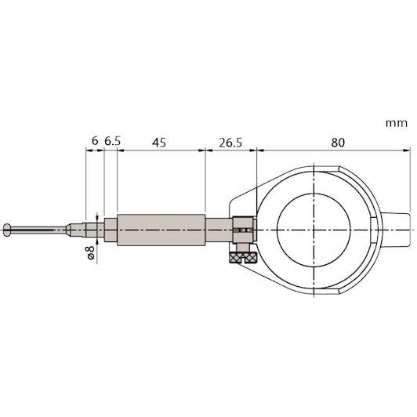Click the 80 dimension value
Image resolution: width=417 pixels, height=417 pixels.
[x=338, y=143]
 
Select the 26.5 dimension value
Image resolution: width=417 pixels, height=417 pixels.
[x=230, y=143]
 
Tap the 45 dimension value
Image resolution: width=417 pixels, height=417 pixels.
[x=159, y=143]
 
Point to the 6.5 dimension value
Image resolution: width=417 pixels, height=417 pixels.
[x=112, y=141]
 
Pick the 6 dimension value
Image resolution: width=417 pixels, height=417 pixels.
[x=95, y=141]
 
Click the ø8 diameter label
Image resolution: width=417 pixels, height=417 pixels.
[x=91, y=252]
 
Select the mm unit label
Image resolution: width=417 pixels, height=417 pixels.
[x=397, y=123]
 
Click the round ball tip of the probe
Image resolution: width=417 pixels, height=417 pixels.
[x=7, y=230]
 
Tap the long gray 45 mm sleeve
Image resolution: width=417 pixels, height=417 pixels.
[x=161, y=230]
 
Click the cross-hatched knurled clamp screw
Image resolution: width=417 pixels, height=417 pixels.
[x=243, y=257]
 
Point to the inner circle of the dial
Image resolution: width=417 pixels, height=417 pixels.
[x=314, y=230]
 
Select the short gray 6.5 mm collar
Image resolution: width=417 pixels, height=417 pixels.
[x=111, y=230]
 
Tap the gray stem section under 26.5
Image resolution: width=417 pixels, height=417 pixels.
[x=219, y=230]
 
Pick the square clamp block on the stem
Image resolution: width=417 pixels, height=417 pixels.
[x=243, y=230]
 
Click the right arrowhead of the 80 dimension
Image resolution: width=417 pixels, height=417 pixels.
[x=407, y=150]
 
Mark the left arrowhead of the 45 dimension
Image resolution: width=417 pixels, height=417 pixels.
[x=121, y=150]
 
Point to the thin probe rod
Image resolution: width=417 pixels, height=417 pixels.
[x=38, y=230]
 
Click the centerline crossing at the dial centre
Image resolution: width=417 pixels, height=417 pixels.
[x=314, y=230]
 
